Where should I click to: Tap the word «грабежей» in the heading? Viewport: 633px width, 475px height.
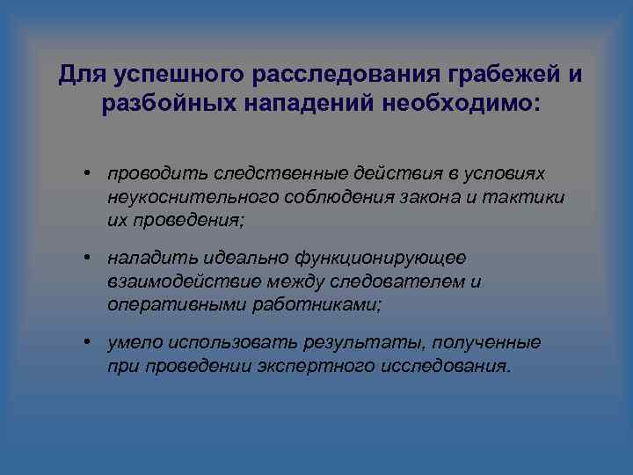[480, 76]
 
